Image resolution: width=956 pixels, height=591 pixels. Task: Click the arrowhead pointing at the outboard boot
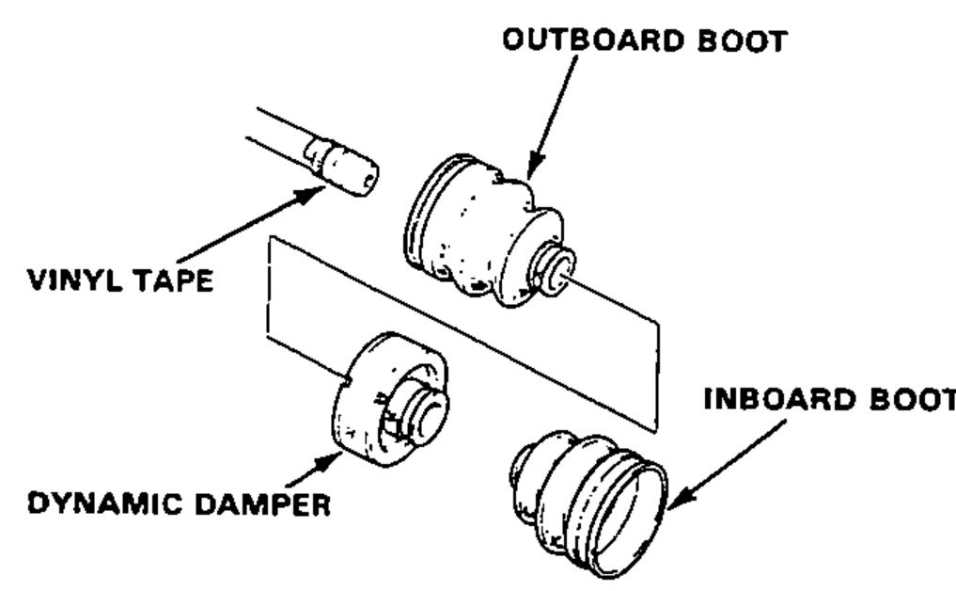535,166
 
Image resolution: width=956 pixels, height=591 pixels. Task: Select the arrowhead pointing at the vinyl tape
309,194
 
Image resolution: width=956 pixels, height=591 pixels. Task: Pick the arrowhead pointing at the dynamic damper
325,464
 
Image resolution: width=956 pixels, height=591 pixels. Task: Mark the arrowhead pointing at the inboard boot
682,498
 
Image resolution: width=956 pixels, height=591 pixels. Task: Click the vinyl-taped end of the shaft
343,166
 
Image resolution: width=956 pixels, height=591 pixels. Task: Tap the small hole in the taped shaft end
368,180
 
